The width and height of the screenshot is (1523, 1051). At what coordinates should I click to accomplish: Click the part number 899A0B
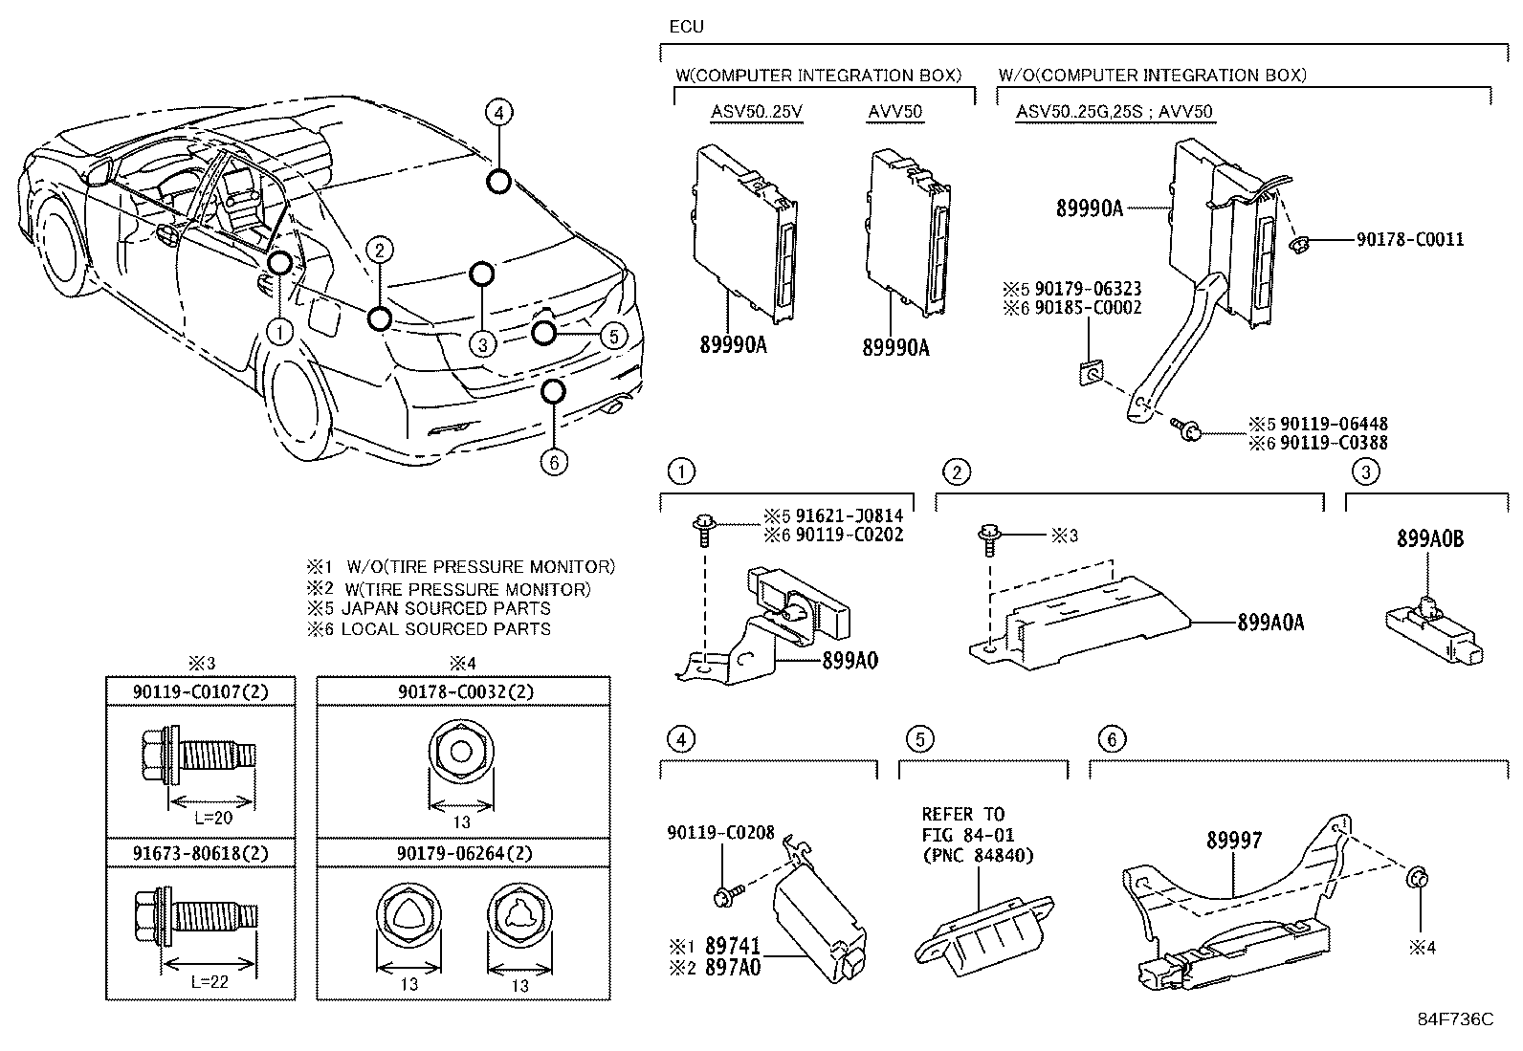(x=1429, y=539)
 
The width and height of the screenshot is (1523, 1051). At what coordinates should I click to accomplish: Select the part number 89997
(x=1233, y=841)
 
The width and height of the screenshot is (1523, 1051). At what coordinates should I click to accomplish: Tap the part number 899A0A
(x=1269, y=623)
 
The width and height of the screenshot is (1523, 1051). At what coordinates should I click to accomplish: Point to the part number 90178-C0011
(x=1409, y=239)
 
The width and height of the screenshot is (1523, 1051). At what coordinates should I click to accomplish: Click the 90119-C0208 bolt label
(x=720, y=834)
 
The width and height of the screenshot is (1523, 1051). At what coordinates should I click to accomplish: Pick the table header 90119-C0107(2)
(x=200, y=690)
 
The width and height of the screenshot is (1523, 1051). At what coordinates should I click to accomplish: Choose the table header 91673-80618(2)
(x=200, y=853)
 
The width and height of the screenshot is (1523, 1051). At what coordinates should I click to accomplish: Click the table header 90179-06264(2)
(x=463, y=853)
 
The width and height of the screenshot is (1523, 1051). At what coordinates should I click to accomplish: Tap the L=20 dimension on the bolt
(x=211, y=818)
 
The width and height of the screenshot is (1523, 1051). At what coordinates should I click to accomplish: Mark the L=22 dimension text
(x=211, y=981)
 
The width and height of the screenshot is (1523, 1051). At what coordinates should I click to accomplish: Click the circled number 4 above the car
(x=497, y=113)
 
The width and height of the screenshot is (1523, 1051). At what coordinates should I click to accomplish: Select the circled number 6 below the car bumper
(x=553, y=462)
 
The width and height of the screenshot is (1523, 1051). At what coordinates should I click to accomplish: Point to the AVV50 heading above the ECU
(x=894, y=112)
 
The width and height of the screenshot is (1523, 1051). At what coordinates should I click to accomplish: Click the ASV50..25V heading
(x=756, y=112)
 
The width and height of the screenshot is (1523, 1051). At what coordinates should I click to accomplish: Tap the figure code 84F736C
(x=1454, y=1019)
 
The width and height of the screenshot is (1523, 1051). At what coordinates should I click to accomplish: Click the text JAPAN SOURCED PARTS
(x=445, y=608)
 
